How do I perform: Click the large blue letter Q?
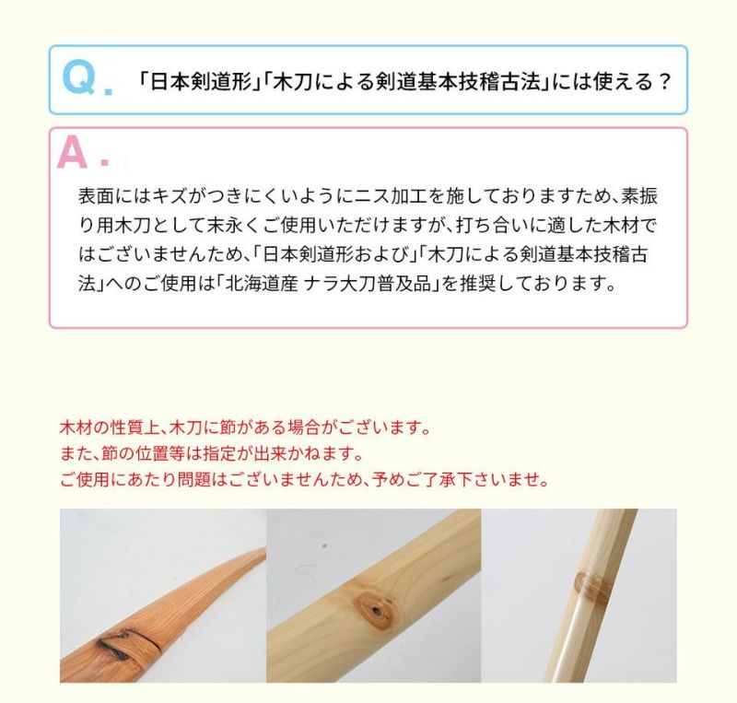[x=79, y=77]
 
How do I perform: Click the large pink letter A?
[x=72, y=152]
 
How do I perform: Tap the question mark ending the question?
[x=663, y=82]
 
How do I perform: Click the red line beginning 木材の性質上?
[x=245, y=428]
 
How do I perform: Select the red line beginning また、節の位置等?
[x=212, y=454]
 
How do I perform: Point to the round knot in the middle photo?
[x=375, y=611]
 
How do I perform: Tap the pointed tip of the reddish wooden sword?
[x=263, y=549]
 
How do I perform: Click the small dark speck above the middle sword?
[x=324, y=546]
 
